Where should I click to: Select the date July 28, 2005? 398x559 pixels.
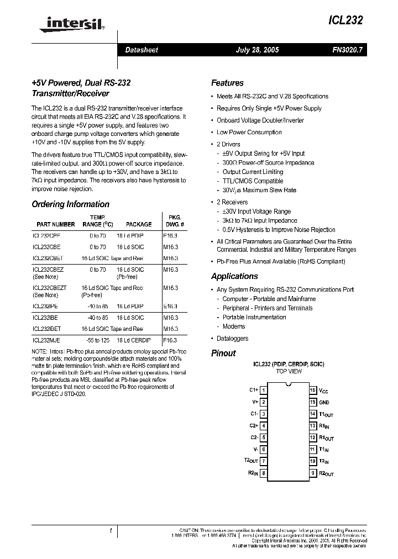(x=257, y=50)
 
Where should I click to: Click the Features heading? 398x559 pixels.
(x=227, y=83)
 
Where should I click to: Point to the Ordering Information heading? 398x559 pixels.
(x=70, y=204)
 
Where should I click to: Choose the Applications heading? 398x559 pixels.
(x=234, y=276)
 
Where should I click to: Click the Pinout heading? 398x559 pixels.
(x=223, y=353)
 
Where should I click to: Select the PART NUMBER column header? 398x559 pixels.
(x=56, y=224)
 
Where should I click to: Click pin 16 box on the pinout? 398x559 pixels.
(x=312, y=391)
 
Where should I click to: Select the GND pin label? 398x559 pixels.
(x=324, y=403)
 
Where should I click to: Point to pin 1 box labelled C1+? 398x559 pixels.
(x=264, y=391)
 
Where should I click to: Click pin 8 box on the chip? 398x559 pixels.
(x=264, y=473)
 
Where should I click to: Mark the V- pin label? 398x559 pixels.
(x=255, y=450)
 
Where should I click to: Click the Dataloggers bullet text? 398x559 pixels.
(x=232, y=338)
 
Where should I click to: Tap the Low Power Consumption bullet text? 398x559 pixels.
(x=249, y=133)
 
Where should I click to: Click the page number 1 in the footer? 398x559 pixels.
(x=111, y=531)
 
